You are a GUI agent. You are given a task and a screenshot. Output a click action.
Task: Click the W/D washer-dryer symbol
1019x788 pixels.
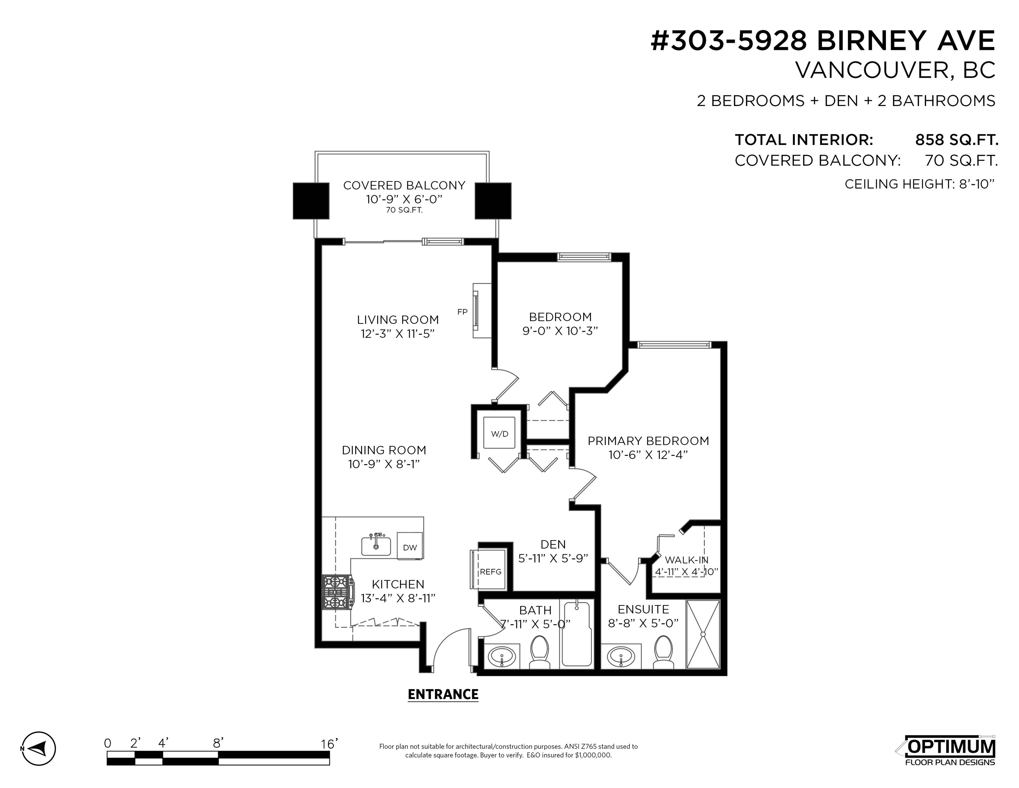(x=499, y=433)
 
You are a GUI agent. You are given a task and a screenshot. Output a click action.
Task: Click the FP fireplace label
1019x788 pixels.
(x=462, y=312)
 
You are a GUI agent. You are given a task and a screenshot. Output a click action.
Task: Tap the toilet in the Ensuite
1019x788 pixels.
(x=663, y=652)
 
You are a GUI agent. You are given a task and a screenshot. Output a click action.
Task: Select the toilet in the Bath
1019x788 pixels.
(x=540, y=652)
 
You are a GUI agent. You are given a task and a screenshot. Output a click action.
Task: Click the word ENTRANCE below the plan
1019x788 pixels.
(x=443, y=695)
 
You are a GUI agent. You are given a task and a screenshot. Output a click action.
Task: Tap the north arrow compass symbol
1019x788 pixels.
(x=39, y=748)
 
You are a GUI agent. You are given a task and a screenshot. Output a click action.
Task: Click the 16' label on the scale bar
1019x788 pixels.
(x=329, y=744)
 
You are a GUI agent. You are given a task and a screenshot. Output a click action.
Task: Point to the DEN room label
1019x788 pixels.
(x=553, y=544)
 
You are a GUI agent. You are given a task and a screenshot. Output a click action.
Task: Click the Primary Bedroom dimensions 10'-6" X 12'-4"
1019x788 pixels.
(x=648, y=455)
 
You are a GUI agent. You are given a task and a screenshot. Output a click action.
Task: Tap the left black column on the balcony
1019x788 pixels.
(x=311, y=201)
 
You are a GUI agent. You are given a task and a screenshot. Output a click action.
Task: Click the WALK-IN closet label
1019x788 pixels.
(x=686, y=560)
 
